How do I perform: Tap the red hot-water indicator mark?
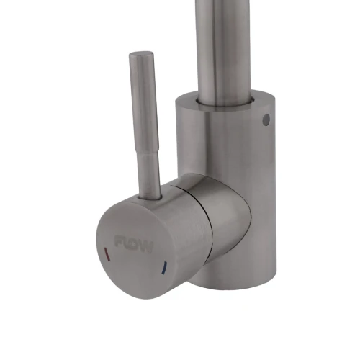pyautogui.click(x=107, y=256)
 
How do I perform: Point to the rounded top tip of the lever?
pyautogui.click(x=138, y=55)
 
